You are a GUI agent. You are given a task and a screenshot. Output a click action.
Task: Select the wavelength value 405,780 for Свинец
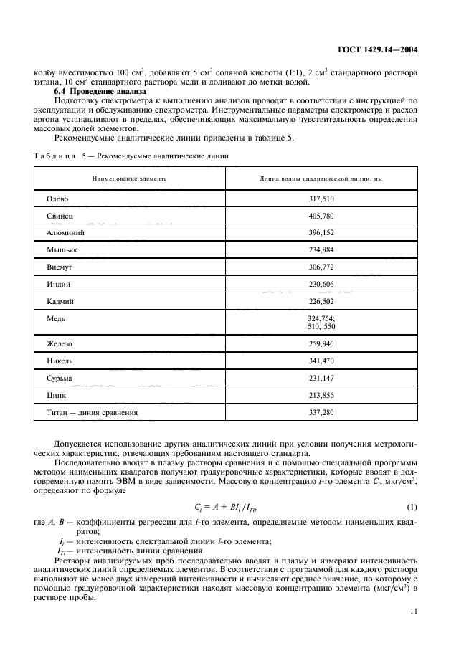[x=319, y=216]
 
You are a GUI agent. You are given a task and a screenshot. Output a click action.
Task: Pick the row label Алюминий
[x=65, y=232]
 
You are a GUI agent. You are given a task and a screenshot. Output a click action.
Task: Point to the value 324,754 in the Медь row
[x=318, y=318]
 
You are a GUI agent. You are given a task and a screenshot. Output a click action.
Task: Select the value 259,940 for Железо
[x=319, y=344]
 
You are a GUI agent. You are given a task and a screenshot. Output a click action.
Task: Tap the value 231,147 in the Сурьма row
[x=319, y=378]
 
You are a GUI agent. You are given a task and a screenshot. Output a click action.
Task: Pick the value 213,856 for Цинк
[x=319, y=395]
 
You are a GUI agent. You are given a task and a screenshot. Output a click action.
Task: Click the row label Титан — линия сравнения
[x=92, y=412]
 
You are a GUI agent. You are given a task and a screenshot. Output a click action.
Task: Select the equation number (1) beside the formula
[x=412, y=508]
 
